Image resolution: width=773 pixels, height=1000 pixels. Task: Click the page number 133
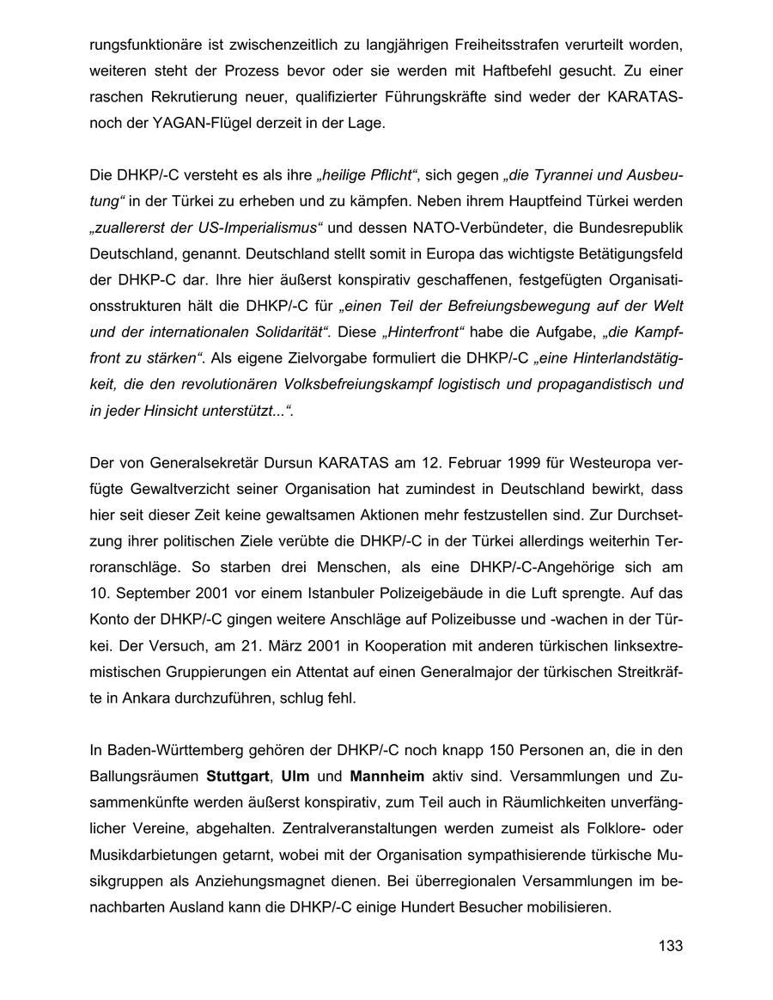tap(670, 946)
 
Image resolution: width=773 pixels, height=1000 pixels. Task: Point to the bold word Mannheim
tap(387, 777)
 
